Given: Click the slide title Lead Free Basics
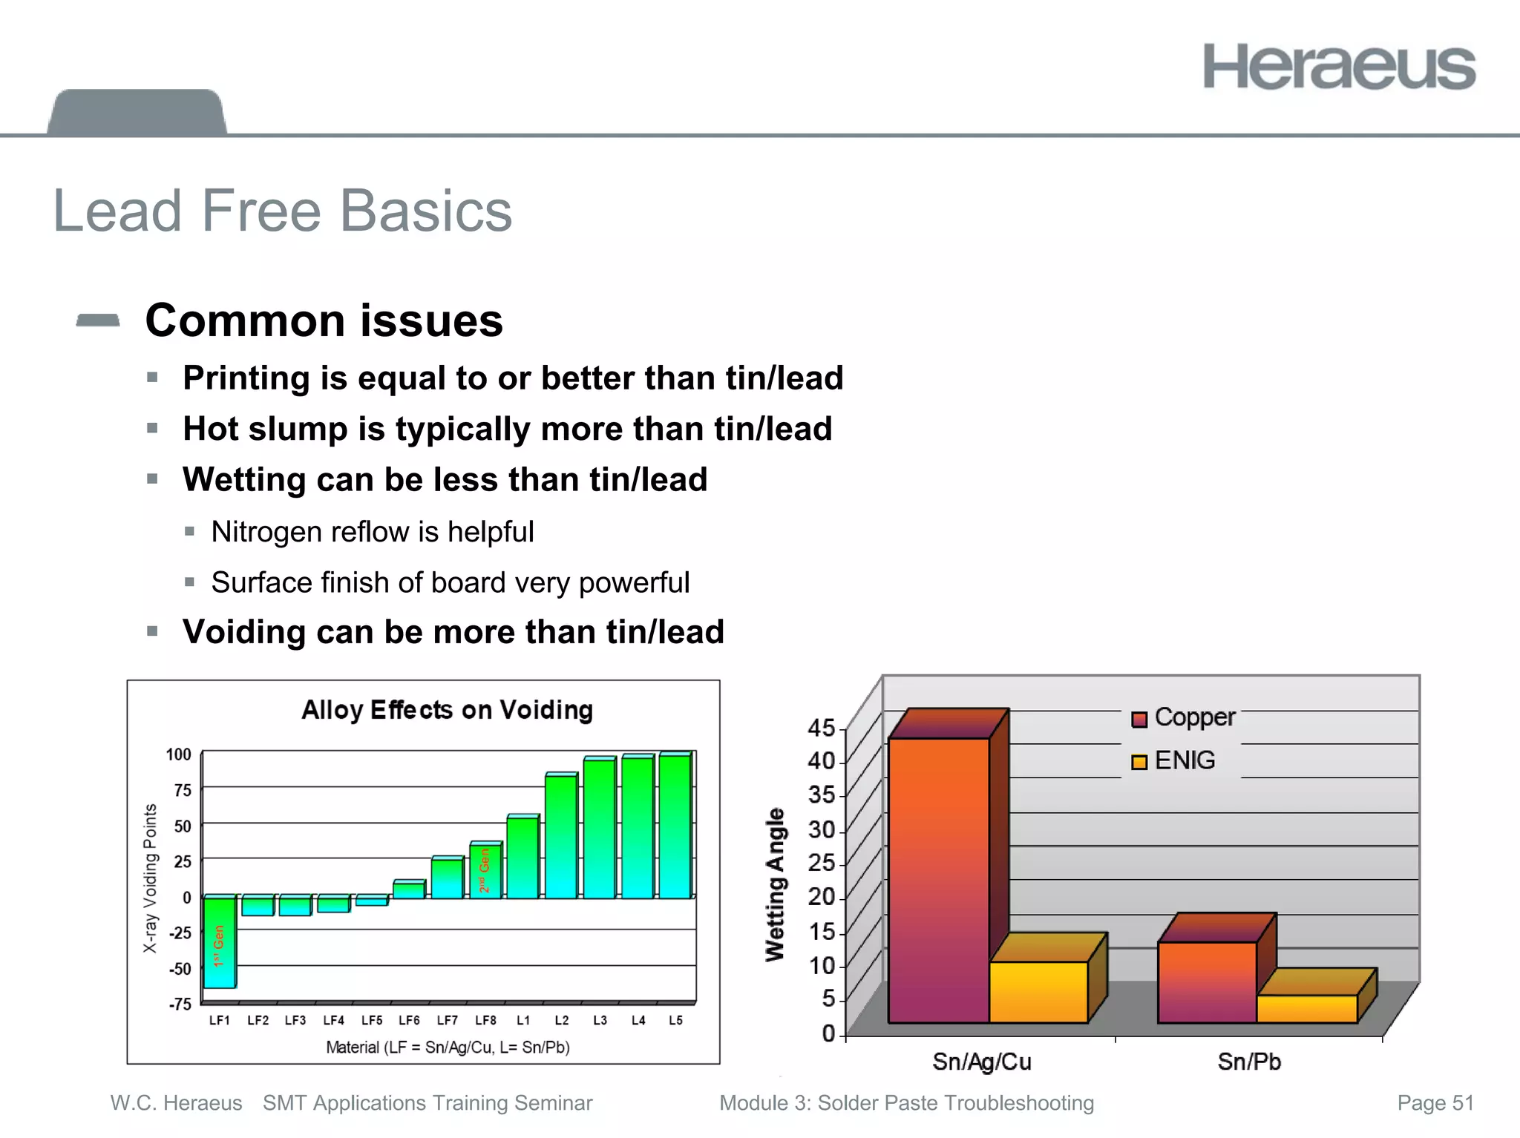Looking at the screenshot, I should coord(283,211).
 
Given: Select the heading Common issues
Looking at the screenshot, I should coord(324,320).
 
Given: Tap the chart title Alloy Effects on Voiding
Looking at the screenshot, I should coord(447,710).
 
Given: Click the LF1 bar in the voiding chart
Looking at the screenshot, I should coord(220,942).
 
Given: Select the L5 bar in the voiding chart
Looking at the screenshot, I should coord(675,827).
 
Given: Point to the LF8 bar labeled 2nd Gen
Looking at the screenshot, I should coord(485,871).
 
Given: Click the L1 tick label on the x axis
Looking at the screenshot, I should coord(523,1020).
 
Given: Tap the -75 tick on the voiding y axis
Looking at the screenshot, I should coord(180,1004).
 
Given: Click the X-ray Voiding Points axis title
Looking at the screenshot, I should coord(150,878).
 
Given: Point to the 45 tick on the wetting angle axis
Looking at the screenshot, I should coord(821,728).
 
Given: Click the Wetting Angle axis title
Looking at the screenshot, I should coord(775,884).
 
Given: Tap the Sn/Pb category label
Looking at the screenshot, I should coord(1249,1062).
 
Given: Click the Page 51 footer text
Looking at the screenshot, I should coord(1435,1103).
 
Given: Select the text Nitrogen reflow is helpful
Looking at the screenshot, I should coord(372,532).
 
